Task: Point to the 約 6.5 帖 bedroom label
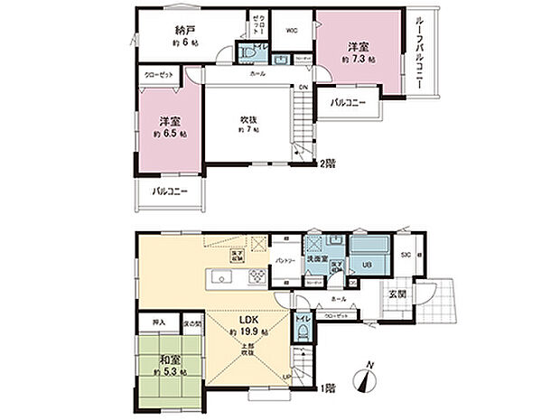click(x=169, y=133)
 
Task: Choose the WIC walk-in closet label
click(x=292, y=31)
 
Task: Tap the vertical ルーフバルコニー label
click(x=421, y=55)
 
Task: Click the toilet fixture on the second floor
click(x=249, y=54)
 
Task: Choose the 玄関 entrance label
click(x=397, y=292)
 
